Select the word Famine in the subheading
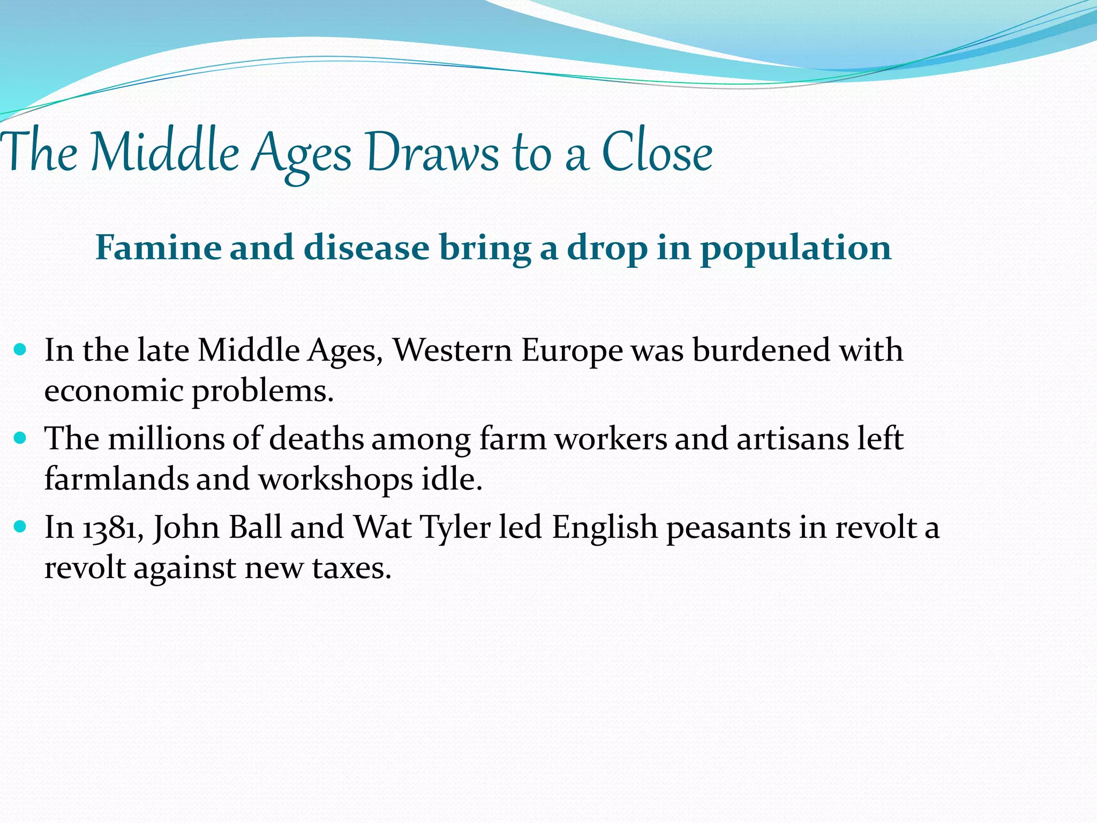coord(158,248)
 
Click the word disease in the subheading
coord(366,248)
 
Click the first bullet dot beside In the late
coord(20,350)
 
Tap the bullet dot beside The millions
coord(20,439)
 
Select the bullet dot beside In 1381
coord(20,527)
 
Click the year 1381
coord(112,528)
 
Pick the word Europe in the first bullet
coord(572,351)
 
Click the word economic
coord(114,391)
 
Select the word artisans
coord(792,439)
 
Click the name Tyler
coord(455,528)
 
